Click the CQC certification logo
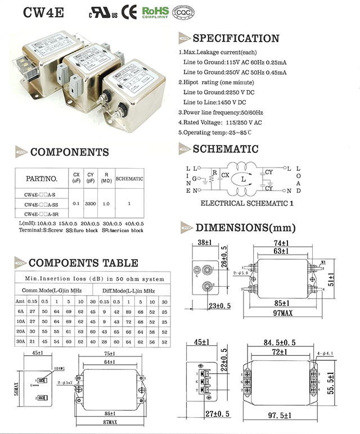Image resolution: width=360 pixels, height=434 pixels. [179, 12]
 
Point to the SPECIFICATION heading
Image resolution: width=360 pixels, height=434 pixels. [236, 38]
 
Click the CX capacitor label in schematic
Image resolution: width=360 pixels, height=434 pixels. [225, 175]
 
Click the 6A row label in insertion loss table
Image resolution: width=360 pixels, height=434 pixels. [20, 311]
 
